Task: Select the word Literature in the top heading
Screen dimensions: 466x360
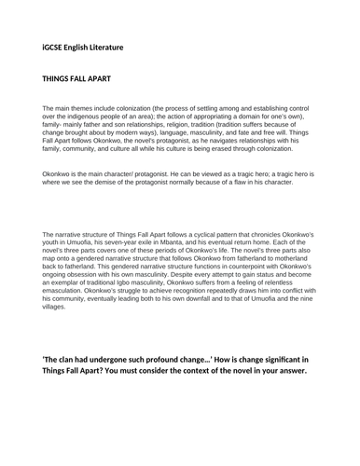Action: [127, 44]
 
